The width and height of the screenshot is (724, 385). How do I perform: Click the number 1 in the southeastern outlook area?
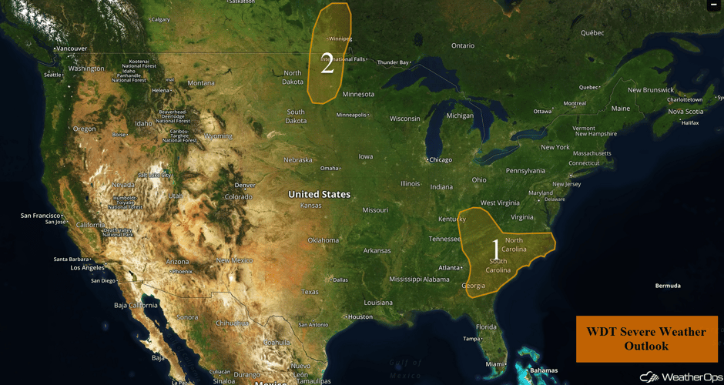495,249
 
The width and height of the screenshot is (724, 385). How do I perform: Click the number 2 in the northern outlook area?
327,65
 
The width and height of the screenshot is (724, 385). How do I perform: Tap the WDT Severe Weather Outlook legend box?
646,339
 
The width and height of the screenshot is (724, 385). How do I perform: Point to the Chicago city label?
440,159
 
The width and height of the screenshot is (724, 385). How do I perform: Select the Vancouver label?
72,49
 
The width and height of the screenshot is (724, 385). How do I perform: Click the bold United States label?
319,195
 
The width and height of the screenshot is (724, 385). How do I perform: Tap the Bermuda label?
667,286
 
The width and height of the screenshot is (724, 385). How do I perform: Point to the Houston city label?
360,317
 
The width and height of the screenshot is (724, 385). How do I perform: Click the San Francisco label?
41,216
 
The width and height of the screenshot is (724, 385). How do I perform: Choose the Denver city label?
245,186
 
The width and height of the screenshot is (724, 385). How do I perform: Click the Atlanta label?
449,268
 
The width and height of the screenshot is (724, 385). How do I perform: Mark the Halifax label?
689,122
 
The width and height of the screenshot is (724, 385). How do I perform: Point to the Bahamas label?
544,370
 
